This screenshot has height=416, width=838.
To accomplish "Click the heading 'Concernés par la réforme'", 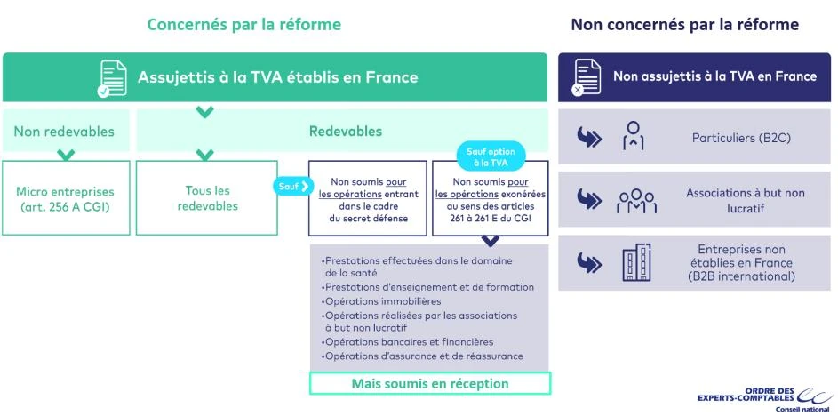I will click(243, 24).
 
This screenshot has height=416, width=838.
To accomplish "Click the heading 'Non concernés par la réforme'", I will click(684, 24).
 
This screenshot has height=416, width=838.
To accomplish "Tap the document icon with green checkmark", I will click(112, 78).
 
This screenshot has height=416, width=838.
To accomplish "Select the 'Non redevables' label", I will click(64, 132).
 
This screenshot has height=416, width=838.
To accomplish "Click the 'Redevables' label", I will click(345, 132).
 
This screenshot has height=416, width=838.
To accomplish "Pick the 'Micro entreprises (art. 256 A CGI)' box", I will click(66, 198).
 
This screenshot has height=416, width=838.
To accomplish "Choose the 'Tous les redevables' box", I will click(207, 198).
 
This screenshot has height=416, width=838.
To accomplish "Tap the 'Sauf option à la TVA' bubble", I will click(491, 157).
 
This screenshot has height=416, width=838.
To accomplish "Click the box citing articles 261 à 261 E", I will click(491, 199).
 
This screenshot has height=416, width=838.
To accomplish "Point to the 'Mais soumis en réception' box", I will click(430, 383).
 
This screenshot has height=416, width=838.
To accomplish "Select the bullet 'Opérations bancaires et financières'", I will click(409, 342).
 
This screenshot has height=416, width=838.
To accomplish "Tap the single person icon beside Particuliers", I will click(634, 138).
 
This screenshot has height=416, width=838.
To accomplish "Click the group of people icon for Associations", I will click(636, 201).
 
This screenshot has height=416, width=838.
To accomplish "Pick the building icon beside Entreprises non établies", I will click(636, 262).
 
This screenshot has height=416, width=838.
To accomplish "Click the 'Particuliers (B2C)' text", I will click(741, 138).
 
